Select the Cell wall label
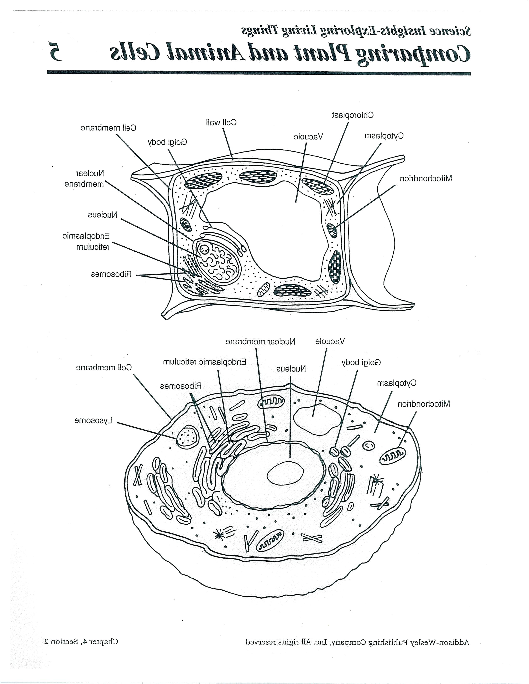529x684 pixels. pyautogui.click(x=221, y=122)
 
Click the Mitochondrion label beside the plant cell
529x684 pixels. pyautogui.click(x=426, y=179)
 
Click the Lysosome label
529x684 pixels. pyautogui.click(x=93, y=421)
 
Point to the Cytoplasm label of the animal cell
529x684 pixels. pyautogui.click(x=396, y=383)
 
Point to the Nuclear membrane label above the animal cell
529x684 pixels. pyautogui.click(x=260, y=341)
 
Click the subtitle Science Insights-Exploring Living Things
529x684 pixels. pyautogui.click(x=356, y=30)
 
